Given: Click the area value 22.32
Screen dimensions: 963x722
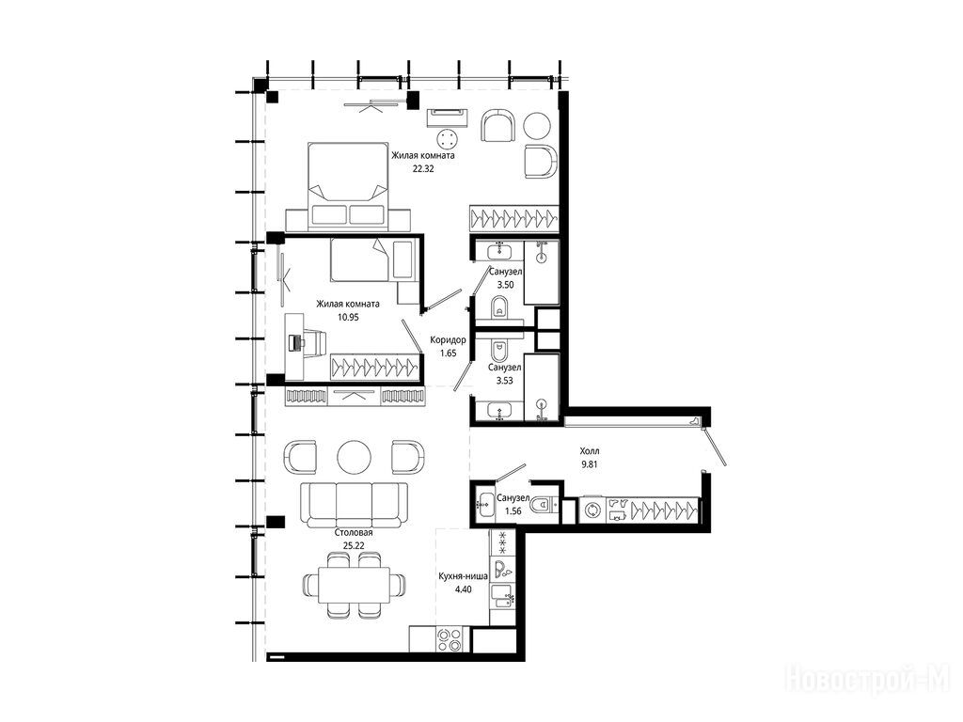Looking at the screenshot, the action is coord(423,169).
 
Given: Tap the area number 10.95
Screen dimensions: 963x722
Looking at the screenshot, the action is coord(348,318).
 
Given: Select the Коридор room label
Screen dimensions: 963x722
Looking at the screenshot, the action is coord(448,339).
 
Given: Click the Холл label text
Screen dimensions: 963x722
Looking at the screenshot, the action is coord(590,451).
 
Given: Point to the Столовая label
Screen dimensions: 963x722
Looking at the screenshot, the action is coord(354,532).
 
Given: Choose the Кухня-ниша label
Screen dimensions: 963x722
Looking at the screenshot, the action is coord(463,576).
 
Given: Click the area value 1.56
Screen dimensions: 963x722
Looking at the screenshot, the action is coord(513,510).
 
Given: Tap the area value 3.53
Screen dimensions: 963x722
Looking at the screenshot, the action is coord(504,381).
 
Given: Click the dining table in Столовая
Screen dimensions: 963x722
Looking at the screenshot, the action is coord(354,585).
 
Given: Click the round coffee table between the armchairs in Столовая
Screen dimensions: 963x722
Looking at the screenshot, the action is coord(354,457).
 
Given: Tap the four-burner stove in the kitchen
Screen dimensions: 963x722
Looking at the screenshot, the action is coord(449,638).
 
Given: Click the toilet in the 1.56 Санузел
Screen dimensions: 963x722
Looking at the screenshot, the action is coord(544,505).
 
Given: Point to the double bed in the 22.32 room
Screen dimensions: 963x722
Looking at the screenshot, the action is coord(348,183).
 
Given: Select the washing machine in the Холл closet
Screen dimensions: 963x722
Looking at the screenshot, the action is coord(593,510).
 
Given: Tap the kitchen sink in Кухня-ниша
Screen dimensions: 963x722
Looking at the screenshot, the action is coord(503,595).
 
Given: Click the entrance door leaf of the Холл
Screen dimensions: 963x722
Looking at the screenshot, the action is coord(716,447).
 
